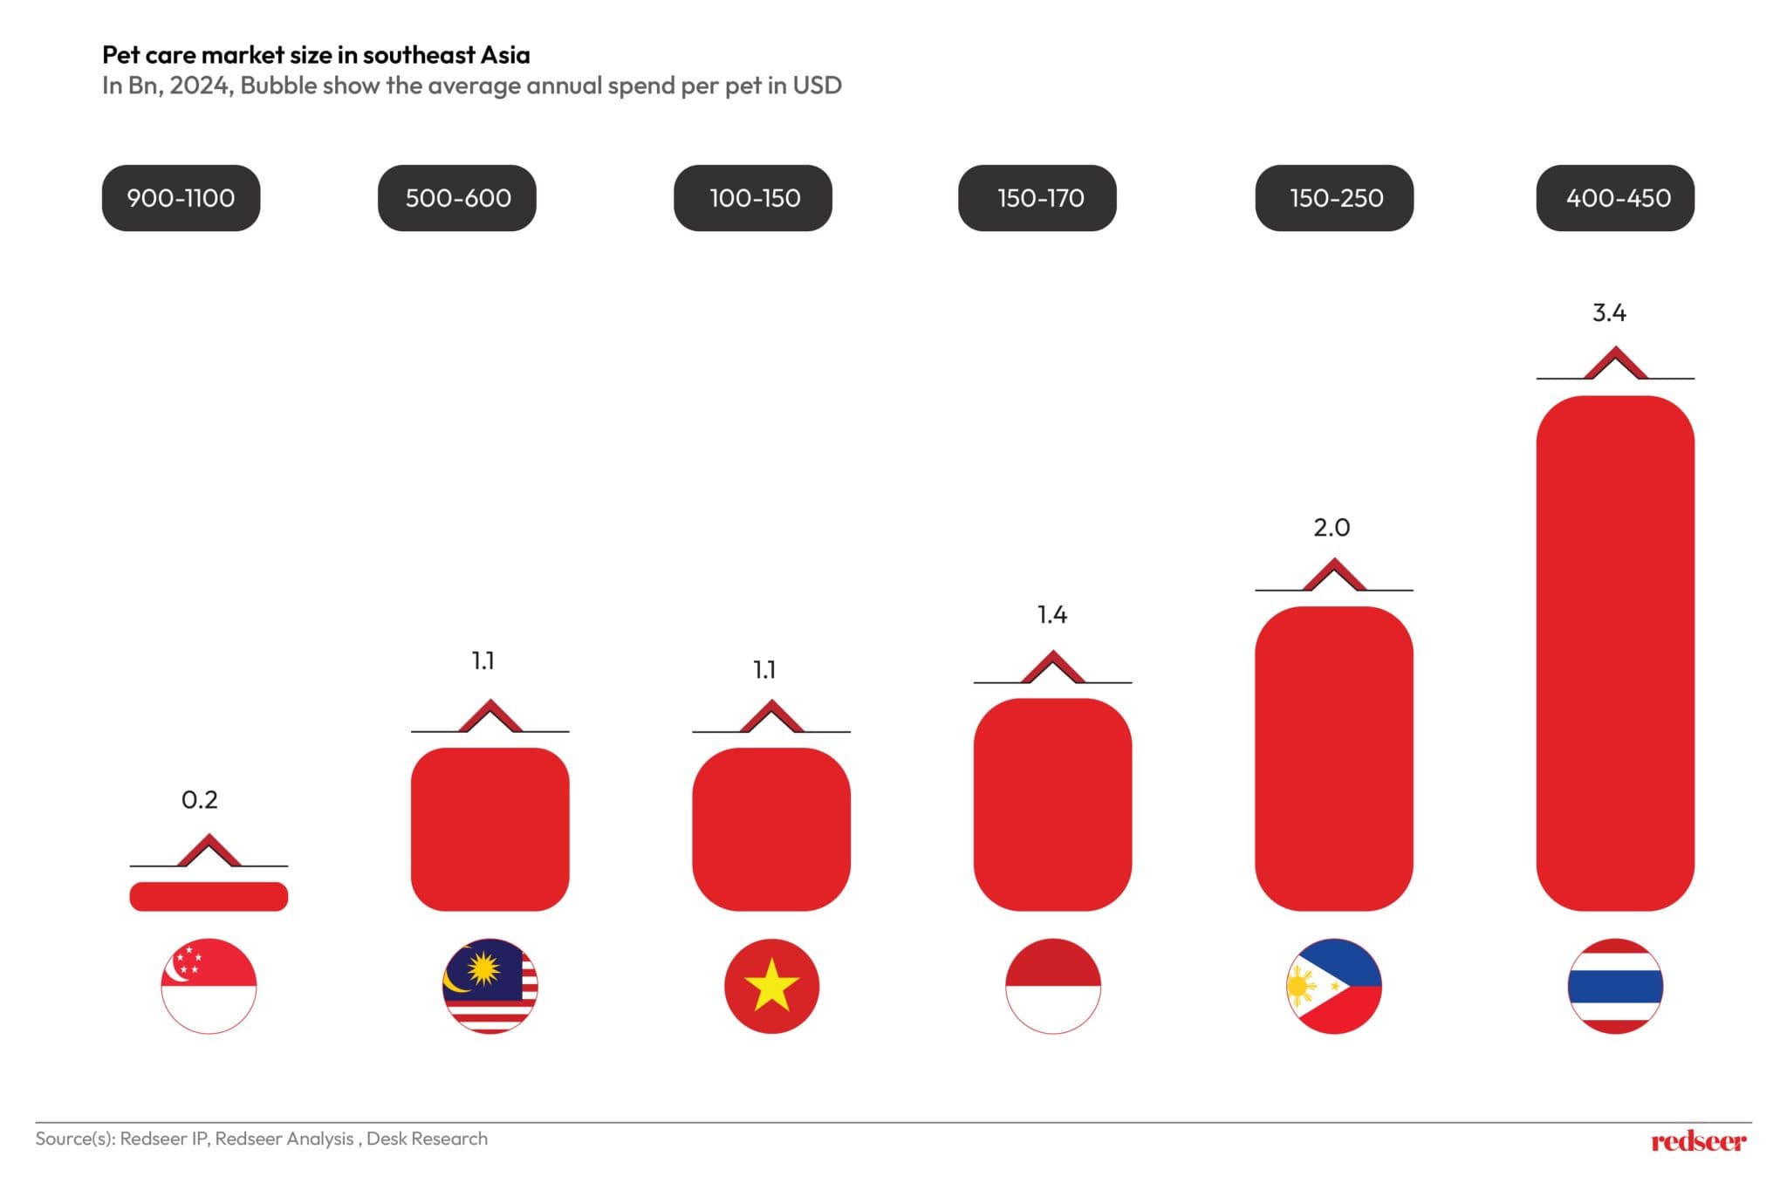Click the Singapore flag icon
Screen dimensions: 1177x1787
pos(209,986)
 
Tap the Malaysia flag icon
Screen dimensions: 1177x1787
pos(490,986)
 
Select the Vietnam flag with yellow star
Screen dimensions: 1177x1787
pos(771,986)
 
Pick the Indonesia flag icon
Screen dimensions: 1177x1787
pos(1052,986)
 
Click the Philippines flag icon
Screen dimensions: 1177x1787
pos(1333,986)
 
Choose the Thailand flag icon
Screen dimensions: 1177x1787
pos(1615,986)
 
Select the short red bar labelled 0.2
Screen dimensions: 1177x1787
pos(209,896)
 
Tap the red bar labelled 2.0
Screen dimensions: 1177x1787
pos(1333,758)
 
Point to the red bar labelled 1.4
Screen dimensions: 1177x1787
pos(1052,804)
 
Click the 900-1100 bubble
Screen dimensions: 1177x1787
pos(181,198)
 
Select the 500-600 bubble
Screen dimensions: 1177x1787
pos(457,198)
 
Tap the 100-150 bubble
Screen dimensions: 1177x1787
pos(753,198)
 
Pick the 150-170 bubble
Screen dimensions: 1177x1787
pos(1037,198)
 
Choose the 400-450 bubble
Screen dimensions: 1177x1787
pos(1615,198)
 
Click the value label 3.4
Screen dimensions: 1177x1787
pos(1609,312)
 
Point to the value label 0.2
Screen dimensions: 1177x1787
pos(199,799)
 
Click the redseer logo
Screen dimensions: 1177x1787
pos(1698,1140)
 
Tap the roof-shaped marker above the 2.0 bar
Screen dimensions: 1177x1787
pos(1333,576)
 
